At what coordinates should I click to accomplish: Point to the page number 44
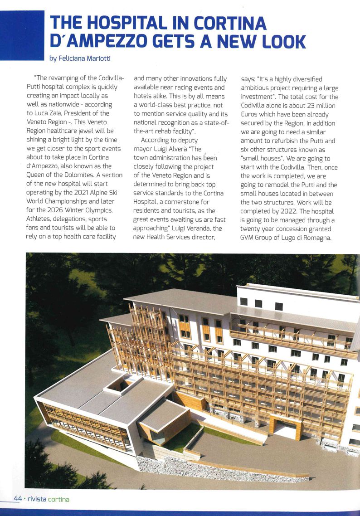(18, 498)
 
